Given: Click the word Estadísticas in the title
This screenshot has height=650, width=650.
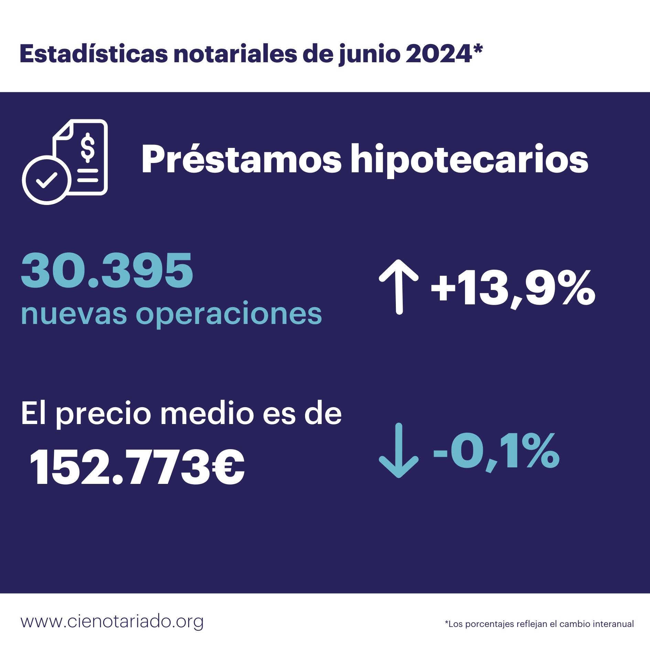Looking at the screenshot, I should point(94,54).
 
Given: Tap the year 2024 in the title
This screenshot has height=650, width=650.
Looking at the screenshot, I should point(438,54).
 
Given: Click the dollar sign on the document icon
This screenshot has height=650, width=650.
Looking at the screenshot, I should point(88,148).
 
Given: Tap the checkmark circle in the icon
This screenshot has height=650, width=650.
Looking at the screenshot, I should point(47,180).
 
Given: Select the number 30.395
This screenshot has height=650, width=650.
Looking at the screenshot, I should point(107,270).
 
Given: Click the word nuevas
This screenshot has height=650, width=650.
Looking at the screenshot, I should point(74,314).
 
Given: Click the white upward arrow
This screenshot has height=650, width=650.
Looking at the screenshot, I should point(399,286).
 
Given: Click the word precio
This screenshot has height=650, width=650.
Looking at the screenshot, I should point(103,414).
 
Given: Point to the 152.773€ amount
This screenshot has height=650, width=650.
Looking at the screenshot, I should point(137,467).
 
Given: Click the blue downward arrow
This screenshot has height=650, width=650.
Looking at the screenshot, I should point(399,450).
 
